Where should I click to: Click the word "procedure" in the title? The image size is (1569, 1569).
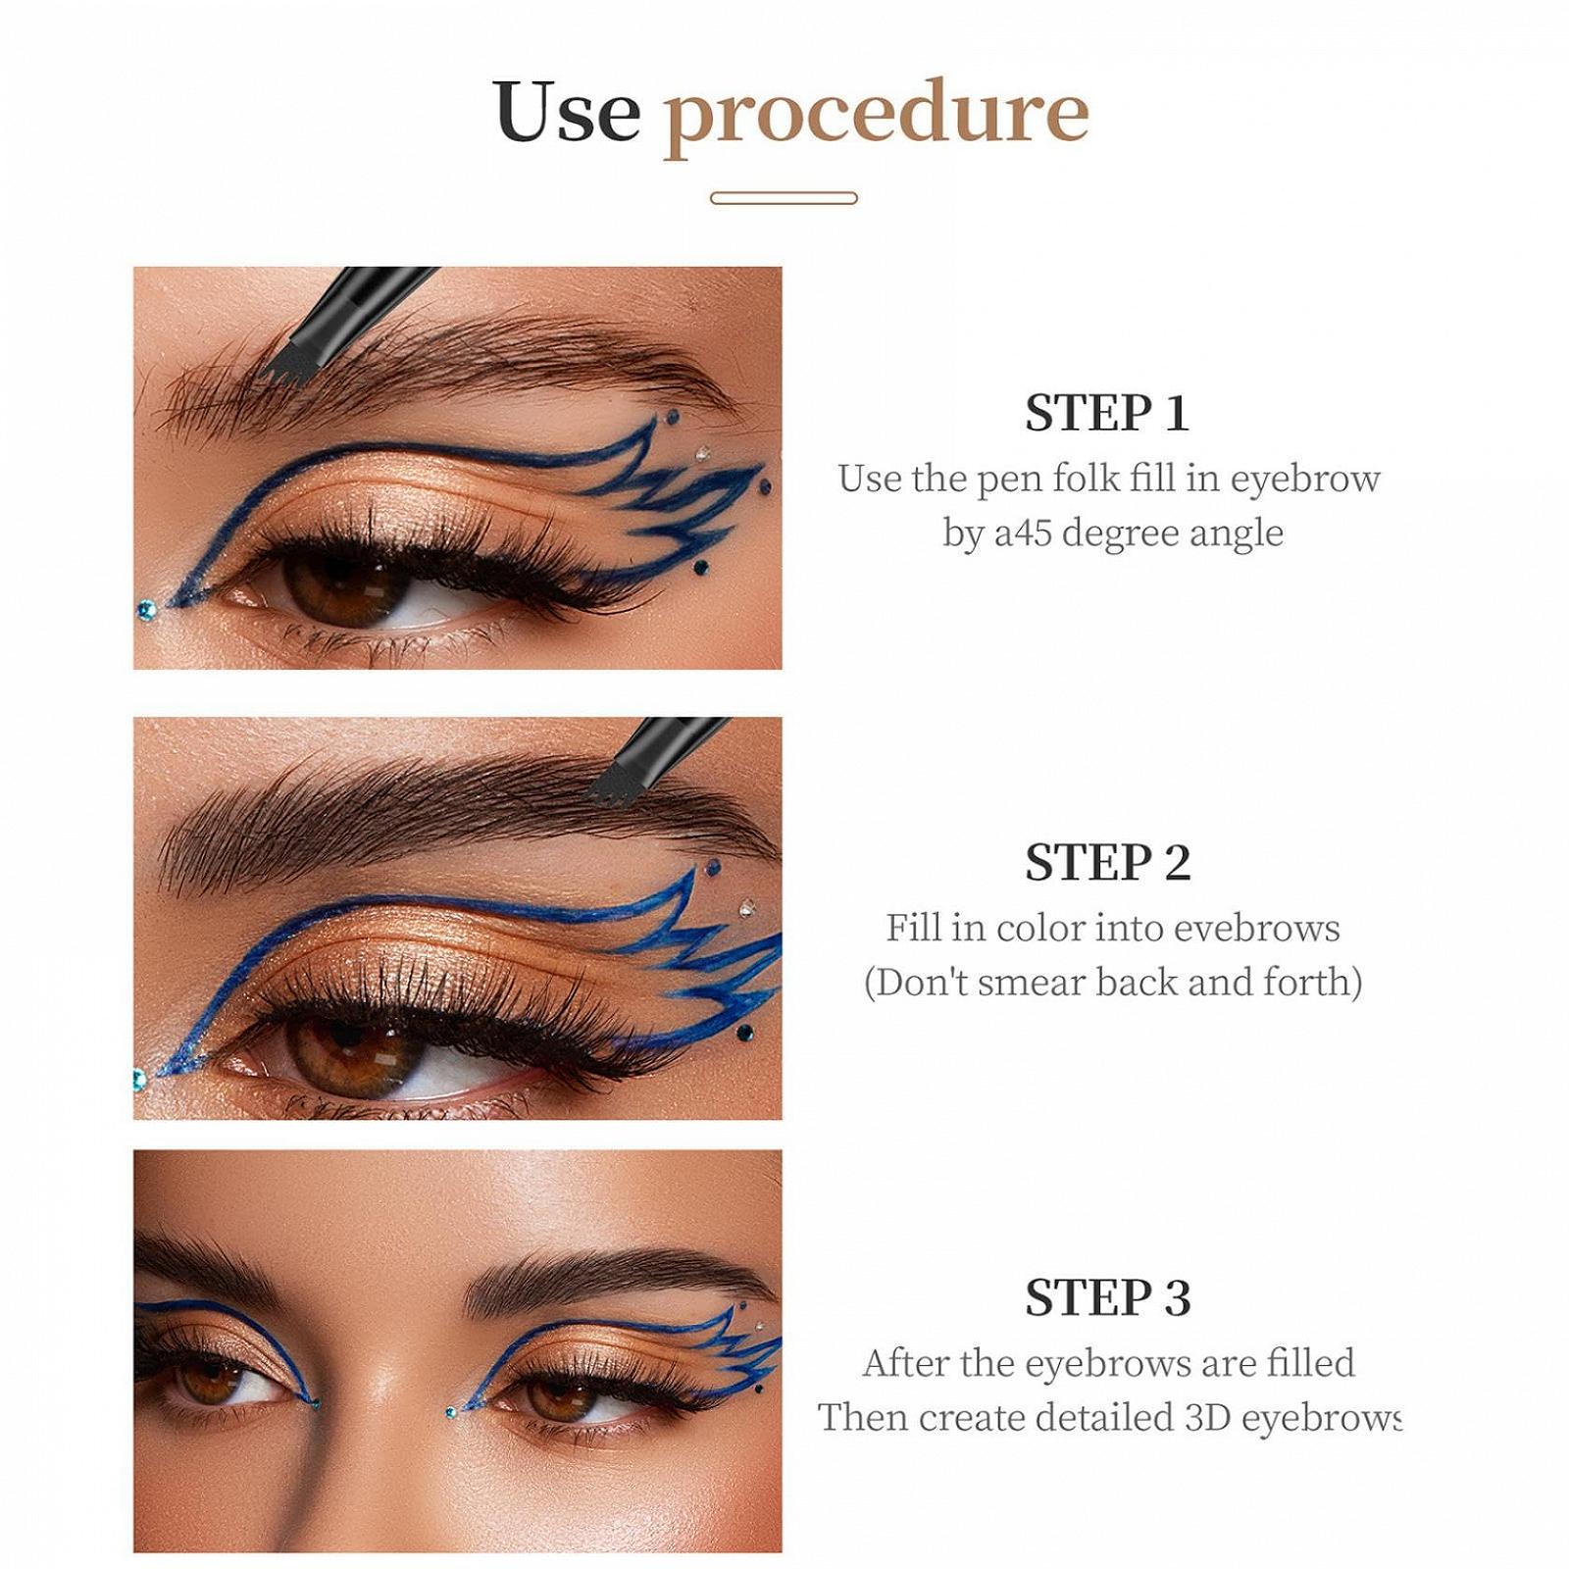tap(877, 116)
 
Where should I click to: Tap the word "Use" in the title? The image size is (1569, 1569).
tap(568, 110)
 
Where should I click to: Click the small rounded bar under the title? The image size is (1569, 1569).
tap(784, 198)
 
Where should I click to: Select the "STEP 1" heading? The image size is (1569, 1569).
tap(1107, 413)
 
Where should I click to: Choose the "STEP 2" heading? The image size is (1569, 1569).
tap(1108, 863)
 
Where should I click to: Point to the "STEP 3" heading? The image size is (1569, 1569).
tap(1108, 1297)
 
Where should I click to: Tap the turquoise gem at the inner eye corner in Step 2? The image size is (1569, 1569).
tap(140, 1080)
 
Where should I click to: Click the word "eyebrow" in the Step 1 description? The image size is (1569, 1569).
tap(1305, 480)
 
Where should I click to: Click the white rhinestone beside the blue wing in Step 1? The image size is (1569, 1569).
tap(702, 453)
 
